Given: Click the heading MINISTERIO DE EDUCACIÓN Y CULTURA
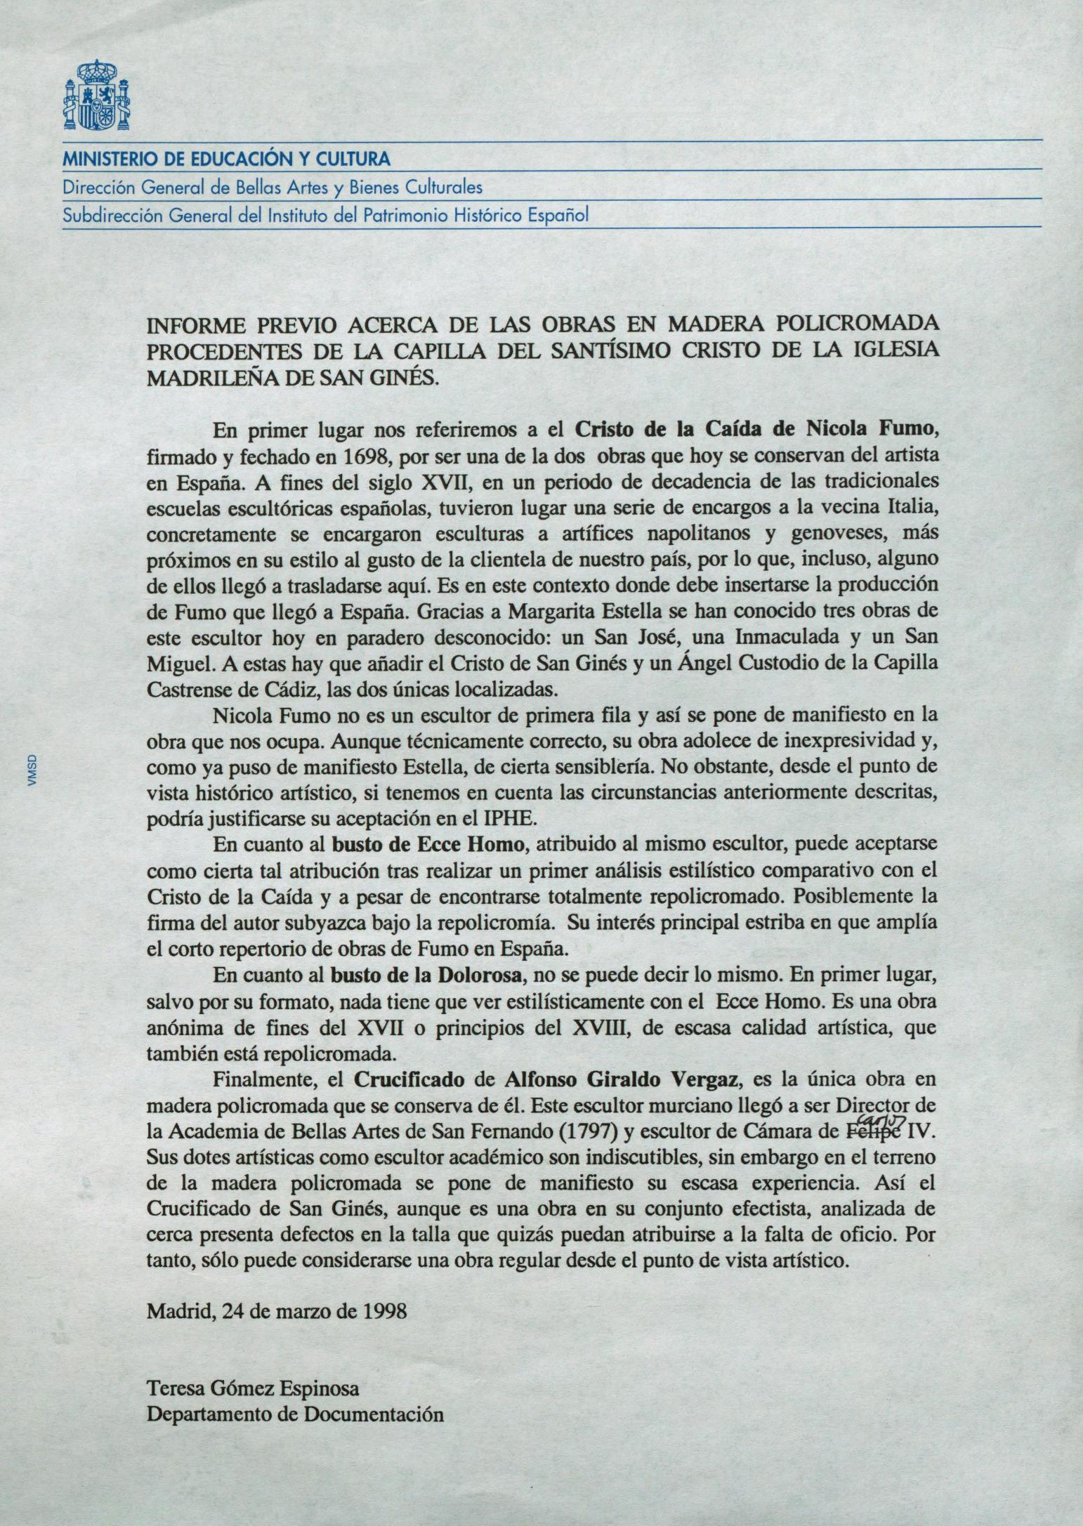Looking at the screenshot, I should click(226, 159).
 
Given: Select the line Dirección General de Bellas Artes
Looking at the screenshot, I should click(273, 188).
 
